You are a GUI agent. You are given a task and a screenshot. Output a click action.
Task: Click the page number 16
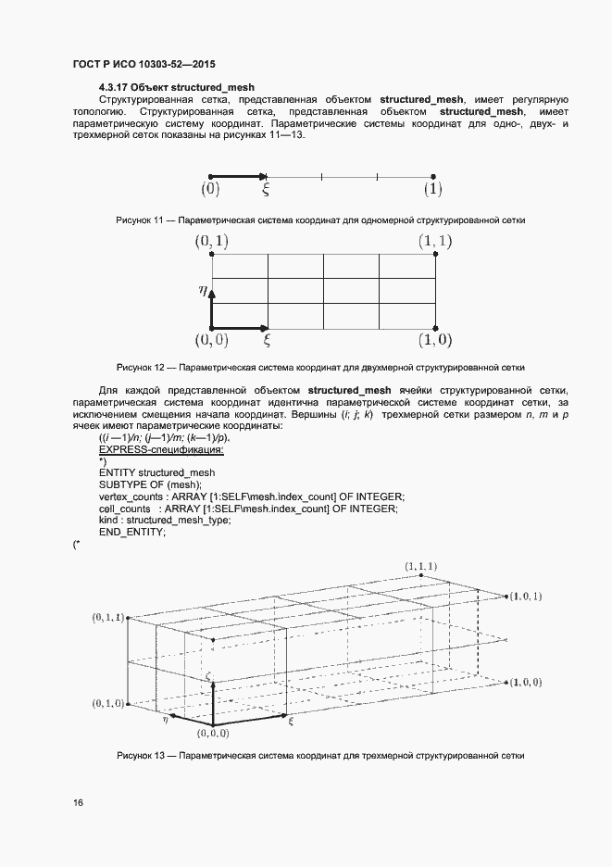click(x=78, y=803)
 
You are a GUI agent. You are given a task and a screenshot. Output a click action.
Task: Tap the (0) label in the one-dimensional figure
click(x=210, y=190)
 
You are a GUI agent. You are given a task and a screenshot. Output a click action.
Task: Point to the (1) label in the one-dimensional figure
click(x=432, y=190)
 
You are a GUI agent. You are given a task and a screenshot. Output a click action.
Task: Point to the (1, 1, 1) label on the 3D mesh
click(x=421, y=566)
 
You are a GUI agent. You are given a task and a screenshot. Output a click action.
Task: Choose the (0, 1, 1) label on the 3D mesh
click(x=107, y=617)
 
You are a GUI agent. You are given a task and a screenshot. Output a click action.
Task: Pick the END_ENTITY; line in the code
click(x=131, y=533)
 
